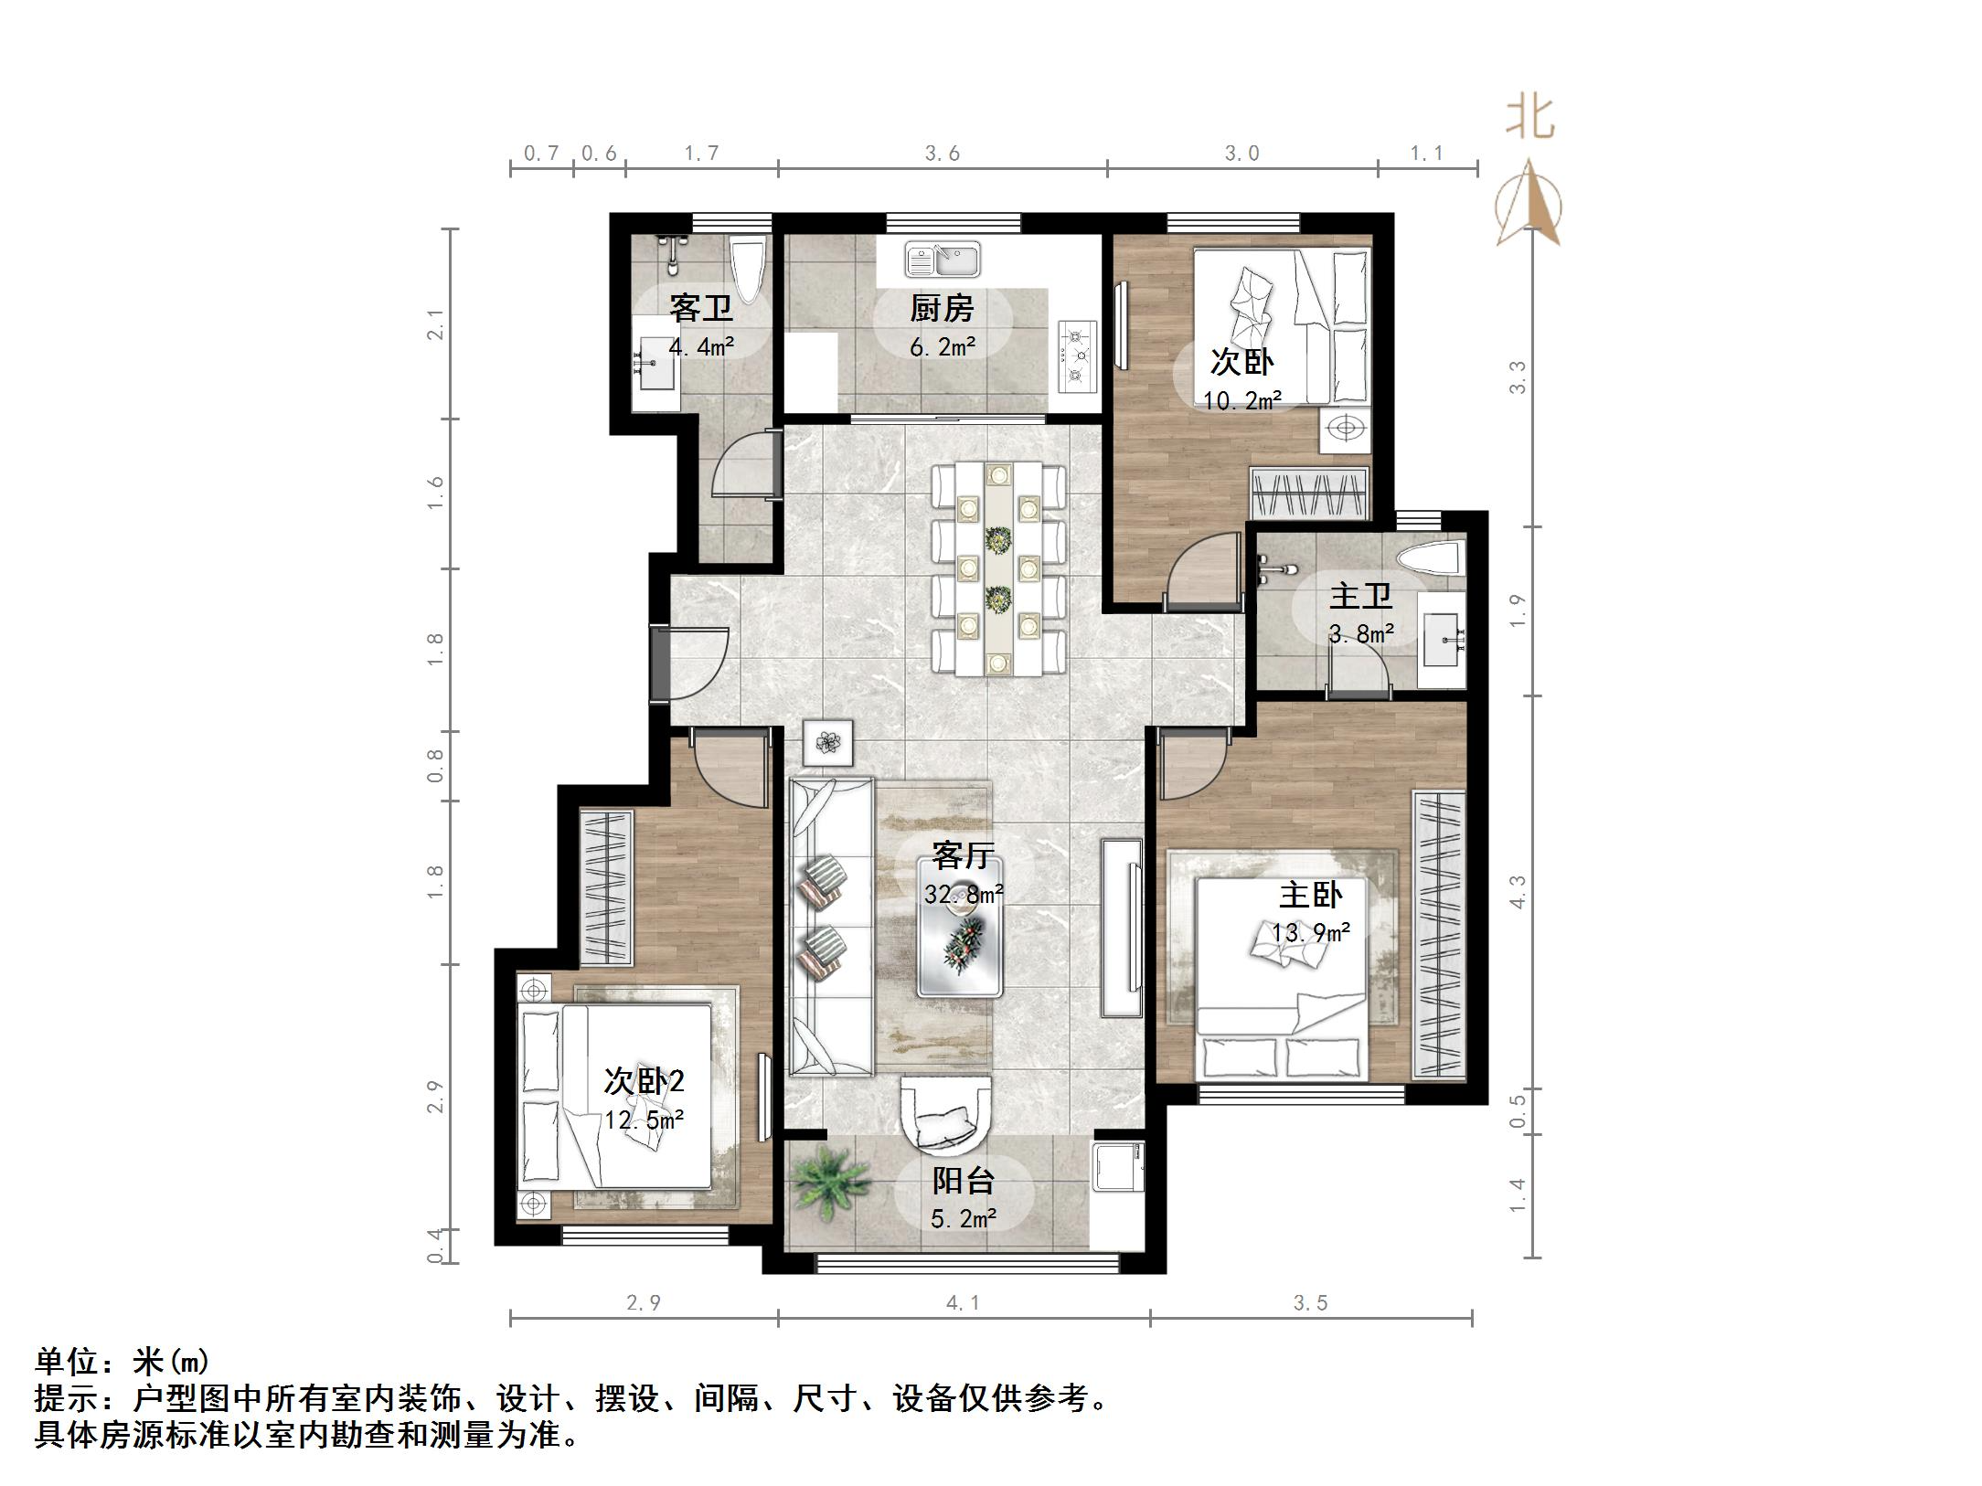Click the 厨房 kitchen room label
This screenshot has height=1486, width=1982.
click(941, 309)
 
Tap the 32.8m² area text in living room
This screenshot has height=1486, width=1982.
click(964, 895)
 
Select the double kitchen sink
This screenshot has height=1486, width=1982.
click(942, 260)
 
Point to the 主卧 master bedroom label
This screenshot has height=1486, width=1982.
click(1309, 895)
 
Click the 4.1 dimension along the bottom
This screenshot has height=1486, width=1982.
click(963, 1303)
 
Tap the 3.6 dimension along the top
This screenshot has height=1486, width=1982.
click(942, 154)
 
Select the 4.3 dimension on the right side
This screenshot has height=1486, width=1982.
click(1518, 892)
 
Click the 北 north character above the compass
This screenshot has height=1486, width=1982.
click(1530, 119)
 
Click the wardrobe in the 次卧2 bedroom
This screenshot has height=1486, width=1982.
click(606, 887)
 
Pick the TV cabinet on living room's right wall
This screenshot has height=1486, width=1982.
click(1122, 928)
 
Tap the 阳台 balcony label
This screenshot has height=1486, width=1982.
click(963, 1182)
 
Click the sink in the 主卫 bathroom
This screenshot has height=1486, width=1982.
click(1443, 640)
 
